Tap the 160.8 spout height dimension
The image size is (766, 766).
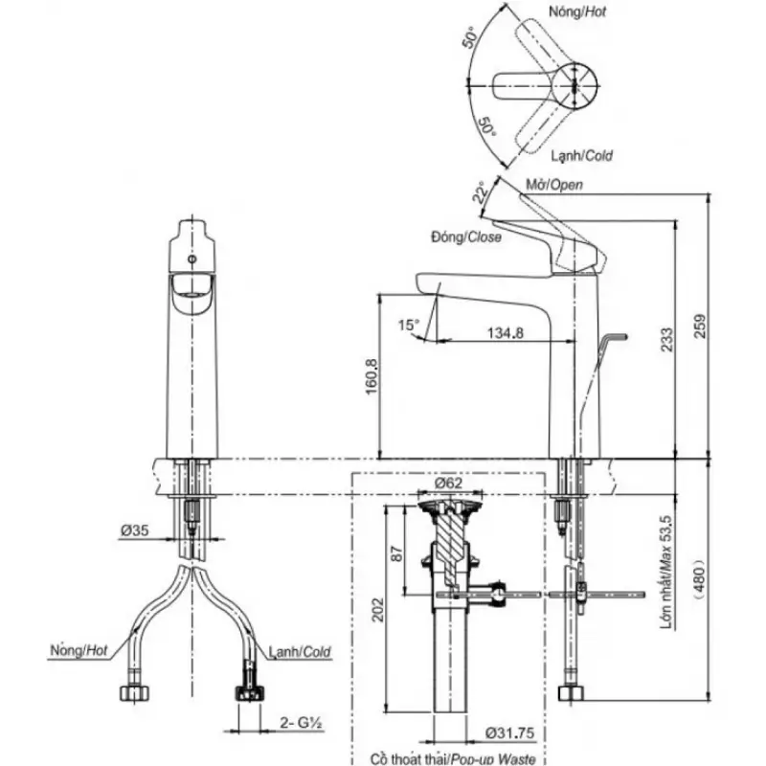373,376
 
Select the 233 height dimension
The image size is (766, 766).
665,339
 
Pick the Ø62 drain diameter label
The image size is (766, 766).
447,484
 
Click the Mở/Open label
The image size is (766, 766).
554,184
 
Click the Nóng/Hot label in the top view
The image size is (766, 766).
578,11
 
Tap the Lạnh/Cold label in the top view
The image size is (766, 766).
582,155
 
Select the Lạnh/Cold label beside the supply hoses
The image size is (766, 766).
300,652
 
